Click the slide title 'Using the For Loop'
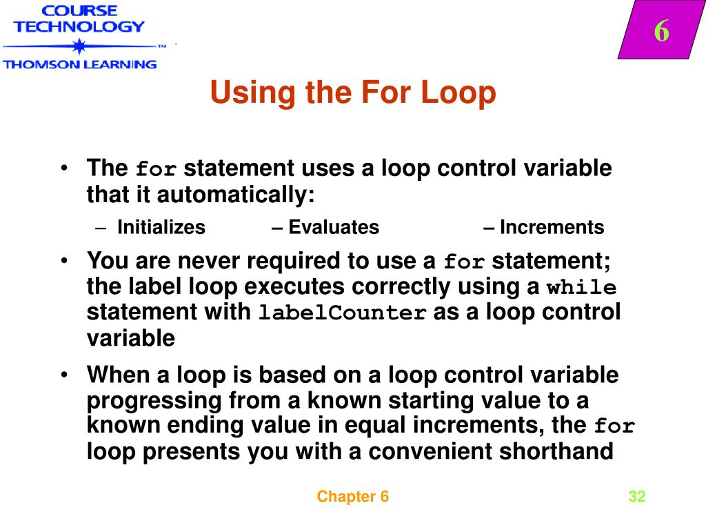(x=352, y=93)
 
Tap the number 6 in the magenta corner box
(x=661, y=32)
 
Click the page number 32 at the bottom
(x=636, y=497)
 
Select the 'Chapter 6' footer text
(x=353, y=497)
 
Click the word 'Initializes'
(x=161, y=228)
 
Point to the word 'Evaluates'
(x=334, y=228)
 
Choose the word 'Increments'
(x=552, y=228)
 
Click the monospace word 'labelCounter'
(x=343, y=313)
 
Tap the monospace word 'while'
(x=581, y=288)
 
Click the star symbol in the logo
(x=79, y=47)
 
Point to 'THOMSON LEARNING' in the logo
(x=79, y=64)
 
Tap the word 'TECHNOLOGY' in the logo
(x=79, y=27)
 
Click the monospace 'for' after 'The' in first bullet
(x=157, y=170)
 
